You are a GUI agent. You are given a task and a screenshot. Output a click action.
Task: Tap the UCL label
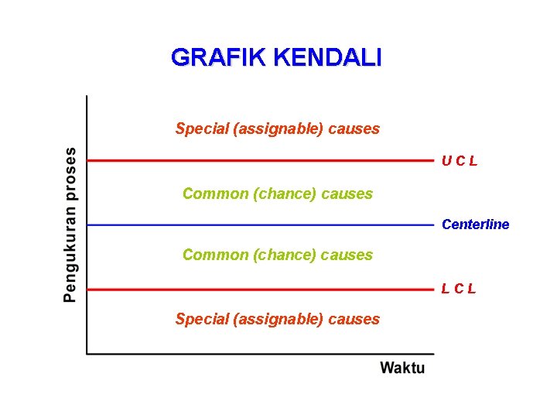(x=460, y=161)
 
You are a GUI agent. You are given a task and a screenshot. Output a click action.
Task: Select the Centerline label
(x=475, y=224)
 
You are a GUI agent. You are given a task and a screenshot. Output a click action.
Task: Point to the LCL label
(x=459, y=289)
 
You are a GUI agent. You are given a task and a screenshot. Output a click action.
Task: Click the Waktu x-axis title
(x=402, y=368)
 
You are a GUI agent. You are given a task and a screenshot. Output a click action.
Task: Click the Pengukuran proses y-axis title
(x=70, y=224)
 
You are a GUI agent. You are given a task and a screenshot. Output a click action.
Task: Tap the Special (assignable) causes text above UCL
(x=278, y=128)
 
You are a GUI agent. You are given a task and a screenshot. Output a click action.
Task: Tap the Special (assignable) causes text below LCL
(x=278, y=319)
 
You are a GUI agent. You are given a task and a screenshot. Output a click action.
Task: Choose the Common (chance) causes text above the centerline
(x=278, y=194)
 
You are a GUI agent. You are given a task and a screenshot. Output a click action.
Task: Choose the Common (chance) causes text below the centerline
(x=278, y=255)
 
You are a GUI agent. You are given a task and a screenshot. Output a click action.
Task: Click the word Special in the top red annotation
(x=202, y=128)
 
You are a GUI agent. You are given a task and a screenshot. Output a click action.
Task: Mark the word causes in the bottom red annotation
(x=354, y=319)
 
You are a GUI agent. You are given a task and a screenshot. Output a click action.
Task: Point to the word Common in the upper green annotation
(x=215, y=194)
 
